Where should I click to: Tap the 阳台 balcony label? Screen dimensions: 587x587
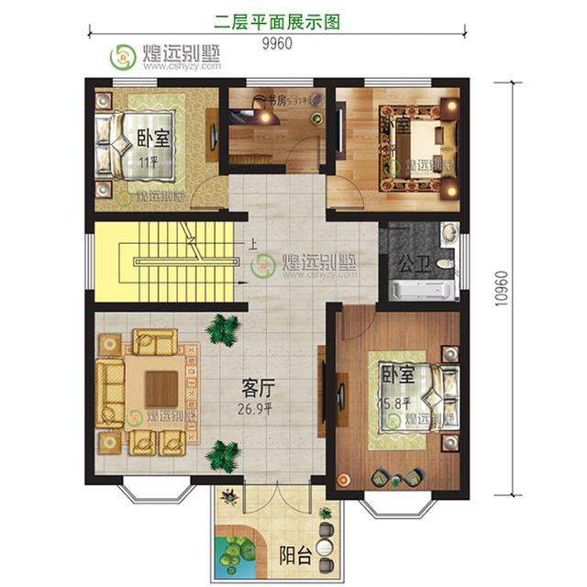(x=294, y=553)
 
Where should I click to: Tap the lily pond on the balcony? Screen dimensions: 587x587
(x=236, y=551)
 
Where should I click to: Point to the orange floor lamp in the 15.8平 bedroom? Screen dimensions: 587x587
(x=343, y=478)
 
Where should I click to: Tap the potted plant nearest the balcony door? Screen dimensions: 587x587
(x=223, y=452)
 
